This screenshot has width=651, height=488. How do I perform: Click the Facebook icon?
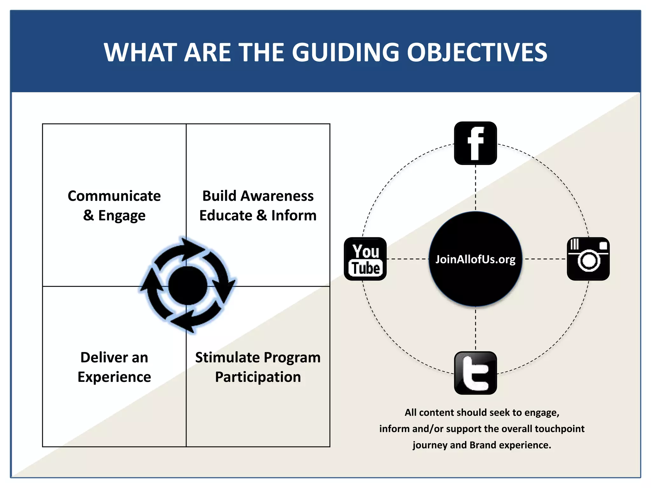click(475, 143)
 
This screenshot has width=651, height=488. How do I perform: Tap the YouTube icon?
click(365, 259)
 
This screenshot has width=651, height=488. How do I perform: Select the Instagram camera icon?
click(588, 259)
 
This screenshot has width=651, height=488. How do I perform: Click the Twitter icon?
click(475, 373)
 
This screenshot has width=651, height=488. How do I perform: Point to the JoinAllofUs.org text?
click(475, 259)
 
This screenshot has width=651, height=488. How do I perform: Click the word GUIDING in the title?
click(345, 52)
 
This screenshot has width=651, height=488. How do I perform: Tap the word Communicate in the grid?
click(114, 196)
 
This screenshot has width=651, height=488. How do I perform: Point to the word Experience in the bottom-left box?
click(114, 377)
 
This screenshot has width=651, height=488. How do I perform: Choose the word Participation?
click(258, 377)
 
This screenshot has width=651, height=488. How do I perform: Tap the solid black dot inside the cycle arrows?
click(188, 286)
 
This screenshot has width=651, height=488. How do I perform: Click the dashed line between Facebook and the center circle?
click(476, 187)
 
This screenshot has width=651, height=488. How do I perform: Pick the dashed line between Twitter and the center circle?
click(476, 329)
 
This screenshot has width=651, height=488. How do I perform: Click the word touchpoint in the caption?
click(560, 429)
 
